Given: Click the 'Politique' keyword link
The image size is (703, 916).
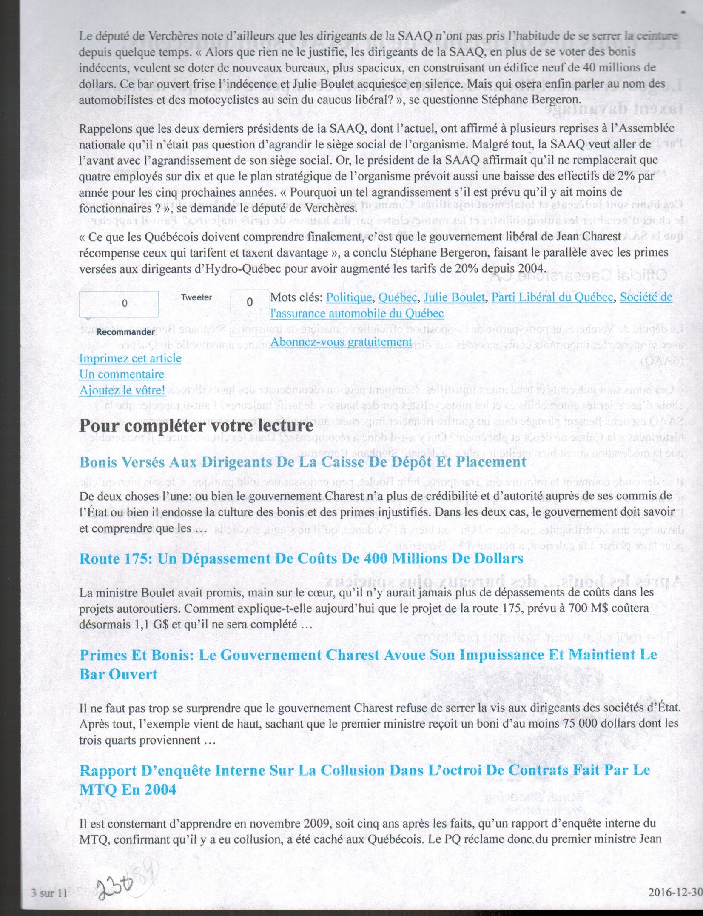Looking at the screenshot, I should point(349,297).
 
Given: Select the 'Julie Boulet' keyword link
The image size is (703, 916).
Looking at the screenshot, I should point(454,297).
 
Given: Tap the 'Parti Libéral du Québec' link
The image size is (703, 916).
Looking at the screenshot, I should point(552,297).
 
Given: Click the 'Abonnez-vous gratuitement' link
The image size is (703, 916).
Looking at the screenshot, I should point(341,342).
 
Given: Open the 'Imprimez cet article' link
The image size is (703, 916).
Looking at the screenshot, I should point(130,358).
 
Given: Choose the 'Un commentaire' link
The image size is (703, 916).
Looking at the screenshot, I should point(122,374).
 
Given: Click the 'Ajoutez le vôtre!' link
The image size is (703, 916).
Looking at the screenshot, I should point(122,390).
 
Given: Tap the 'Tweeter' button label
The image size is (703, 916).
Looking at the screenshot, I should point(196,297).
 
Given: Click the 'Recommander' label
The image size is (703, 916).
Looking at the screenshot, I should point(125,332).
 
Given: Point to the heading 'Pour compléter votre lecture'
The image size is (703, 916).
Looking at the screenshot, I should point(196,426).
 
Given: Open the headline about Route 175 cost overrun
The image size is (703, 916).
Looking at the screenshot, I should point(301,559).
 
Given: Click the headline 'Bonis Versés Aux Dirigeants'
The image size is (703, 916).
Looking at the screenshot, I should point(303,462).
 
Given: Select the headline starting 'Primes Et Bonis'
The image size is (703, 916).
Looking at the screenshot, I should point(368,655).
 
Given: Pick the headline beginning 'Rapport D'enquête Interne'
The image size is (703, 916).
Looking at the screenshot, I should point(364,770).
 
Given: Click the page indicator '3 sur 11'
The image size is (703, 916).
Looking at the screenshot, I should point(49,893).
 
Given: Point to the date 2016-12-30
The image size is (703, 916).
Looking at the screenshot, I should point(675,892).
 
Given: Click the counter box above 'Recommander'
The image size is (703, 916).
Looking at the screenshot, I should point(119,304).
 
